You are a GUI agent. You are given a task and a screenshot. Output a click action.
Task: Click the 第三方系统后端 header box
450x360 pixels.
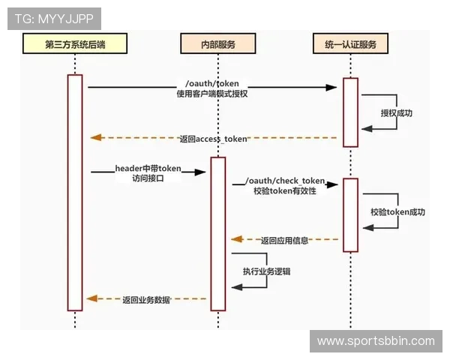pyautogui.click(x=74, y=44)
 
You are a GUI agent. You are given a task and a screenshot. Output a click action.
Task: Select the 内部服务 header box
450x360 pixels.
pyautogui.click(x=217, y=44)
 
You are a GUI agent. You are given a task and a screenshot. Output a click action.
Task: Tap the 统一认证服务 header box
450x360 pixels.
pyautogui.click(x=350, y=44)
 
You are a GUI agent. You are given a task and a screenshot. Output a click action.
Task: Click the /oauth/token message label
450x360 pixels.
pyautogui.click(x=211, y=83)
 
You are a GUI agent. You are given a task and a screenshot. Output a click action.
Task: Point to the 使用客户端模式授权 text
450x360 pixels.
pyautogui.click(x=211, y=94)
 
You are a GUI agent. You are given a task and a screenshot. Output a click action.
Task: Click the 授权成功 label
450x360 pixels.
pyautogui.click(x=397, y=113)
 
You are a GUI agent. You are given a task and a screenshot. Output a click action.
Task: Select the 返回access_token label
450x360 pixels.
pyautogui.click(x=213, y=139)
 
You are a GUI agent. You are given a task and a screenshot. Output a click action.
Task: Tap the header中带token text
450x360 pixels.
pyautogui.click(x=148, y=168)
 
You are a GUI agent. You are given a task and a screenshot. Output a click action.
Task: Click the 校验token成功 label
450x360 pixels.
pyautogui.click(x=397, y=212)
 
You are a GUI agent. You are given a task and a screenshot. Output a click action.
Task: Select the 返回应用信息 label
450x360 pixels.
pyautogui.click(x=284, y=241)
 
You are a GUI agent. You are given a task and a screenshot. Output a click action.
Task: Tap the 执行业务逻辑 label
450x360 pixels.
pyautogui.click(x=266, y=271)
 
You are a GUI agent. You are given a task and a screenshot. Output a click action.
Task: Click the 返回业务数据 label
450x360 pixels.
pyautogui.click(x=147, y=299)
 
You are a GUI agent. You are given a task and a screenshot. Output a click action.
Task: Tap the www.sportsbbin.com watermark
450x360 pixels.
pyautogui.click(x=376, y=341)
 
